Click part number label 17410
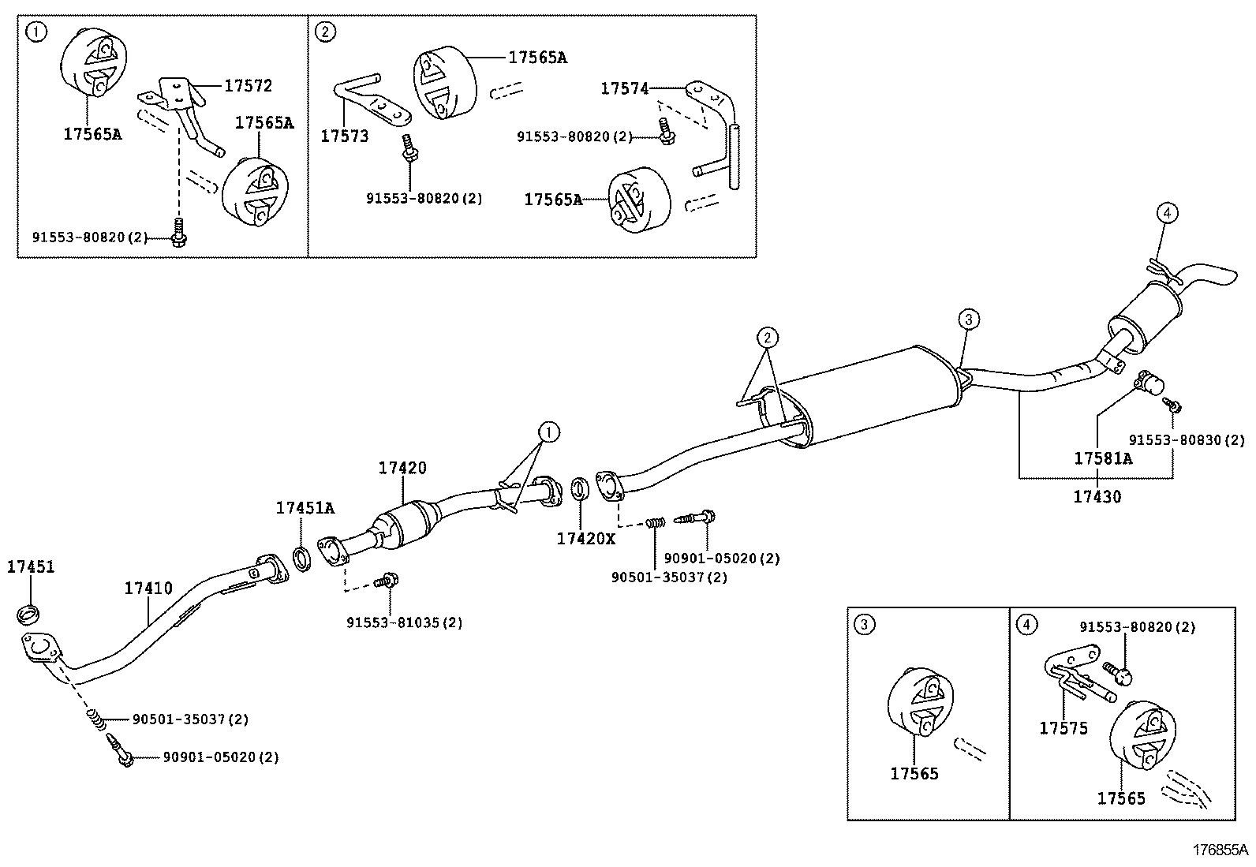(148, 588)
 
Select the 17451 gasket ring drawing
(29, 612)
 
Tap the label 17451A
(305, 508)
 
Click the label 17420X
(585, 538)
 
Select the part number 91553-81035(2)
(404, 622)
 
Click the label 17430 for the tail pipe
(1097, 496)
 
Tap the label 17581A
(1102, 458)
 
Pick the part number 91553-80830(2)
(1186, 439)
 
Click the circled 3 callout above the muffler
(969, 320)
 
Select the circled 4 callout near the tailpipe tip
(1168, 212)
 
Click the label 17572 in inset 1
(248, 85)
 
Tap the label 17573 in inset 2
(344, 136)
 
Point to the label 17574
(624, 89)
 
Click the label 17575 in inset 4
(1063, 728)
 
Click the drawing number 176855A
(1220, 850)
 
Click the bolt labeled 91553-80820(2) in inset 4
(1120, 672)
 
